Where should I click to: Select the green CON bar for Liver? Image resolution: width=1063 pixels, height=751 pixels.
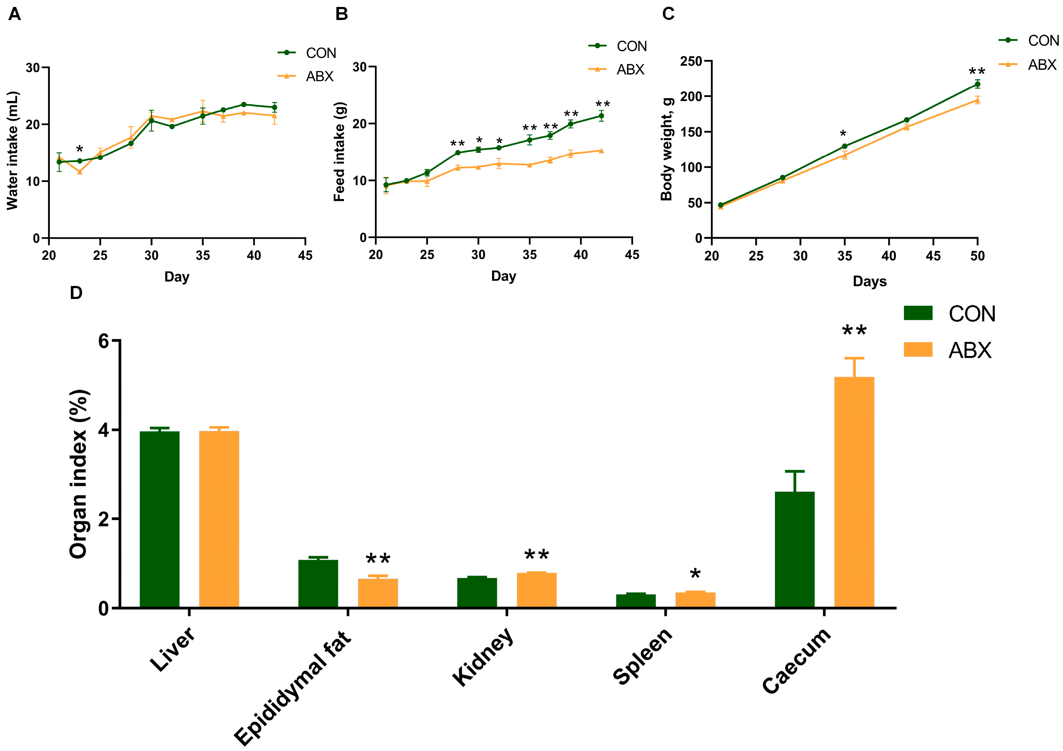[159, 519]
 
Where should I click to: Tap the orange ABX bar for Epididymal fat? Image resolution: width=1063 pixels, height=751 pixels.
[378, 593]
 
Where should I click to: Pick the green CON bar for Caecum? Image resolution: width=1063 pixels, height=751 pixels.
[795, 549]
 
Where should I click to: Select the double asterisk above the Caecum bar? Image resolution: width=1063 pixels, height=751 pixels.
[854, 331]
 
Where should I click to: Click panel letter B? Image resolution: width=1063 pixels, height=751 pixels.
[341, 14]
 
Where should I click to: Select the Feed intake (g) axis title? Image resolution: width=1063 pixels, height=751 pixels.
[339, 151]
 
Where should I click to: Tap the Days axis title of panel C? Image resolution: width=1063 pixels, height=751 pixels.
[869, 282]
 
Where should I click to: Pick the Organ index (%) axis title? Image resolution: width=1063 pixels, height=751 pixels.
[79, 474]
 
